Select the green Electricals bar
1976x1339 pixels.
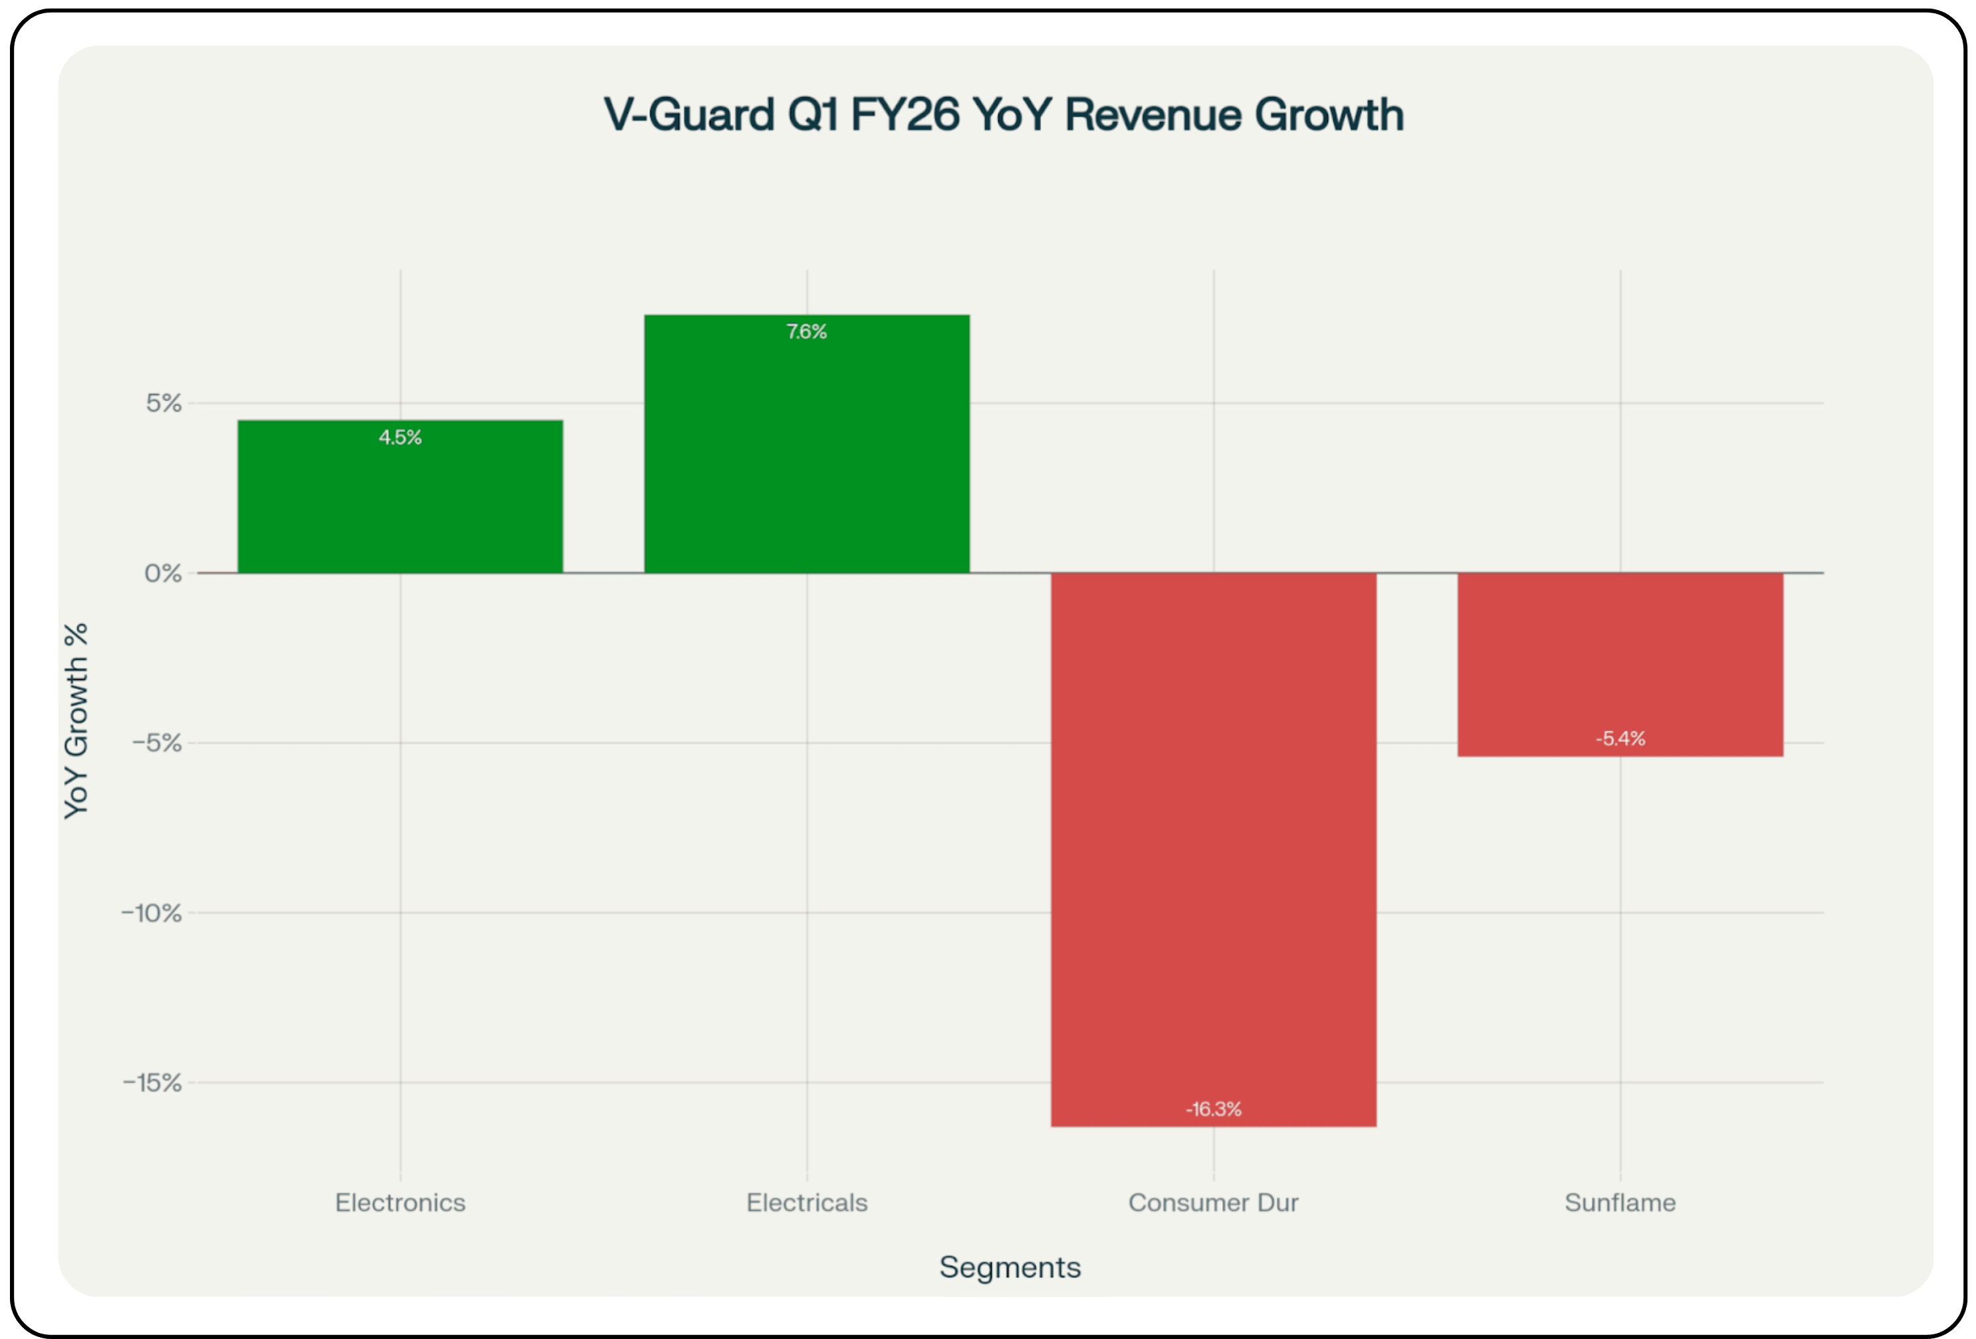[x=806, y=451]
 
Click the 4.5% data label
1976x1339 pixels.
[x=399, y=437]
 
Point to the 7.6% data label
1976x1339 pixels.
[x=806, y=332]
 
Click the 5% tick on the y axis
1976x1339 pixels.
[x=164, y=403]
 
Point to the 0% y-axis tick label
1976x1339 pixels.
[x=164, y=573]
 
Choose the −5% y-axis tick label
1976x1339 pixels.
[x=158, y=743]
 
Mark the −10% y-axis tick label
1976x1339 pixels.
[x=152, y=913]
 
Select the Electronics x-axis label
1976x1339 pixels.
[x=399, y=1202]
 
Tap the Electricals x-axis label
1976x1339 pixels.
[x=806, y=1202]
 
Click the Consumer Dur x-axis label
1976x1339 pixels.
[x=1214, y=1202]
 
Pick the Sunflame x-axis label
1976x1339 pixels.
[x=1620, y=1202]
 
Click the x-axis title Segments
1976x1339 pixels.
[x=1010, y=1267]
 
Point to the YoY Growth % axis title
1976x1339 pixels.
[x=76, y=721]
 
